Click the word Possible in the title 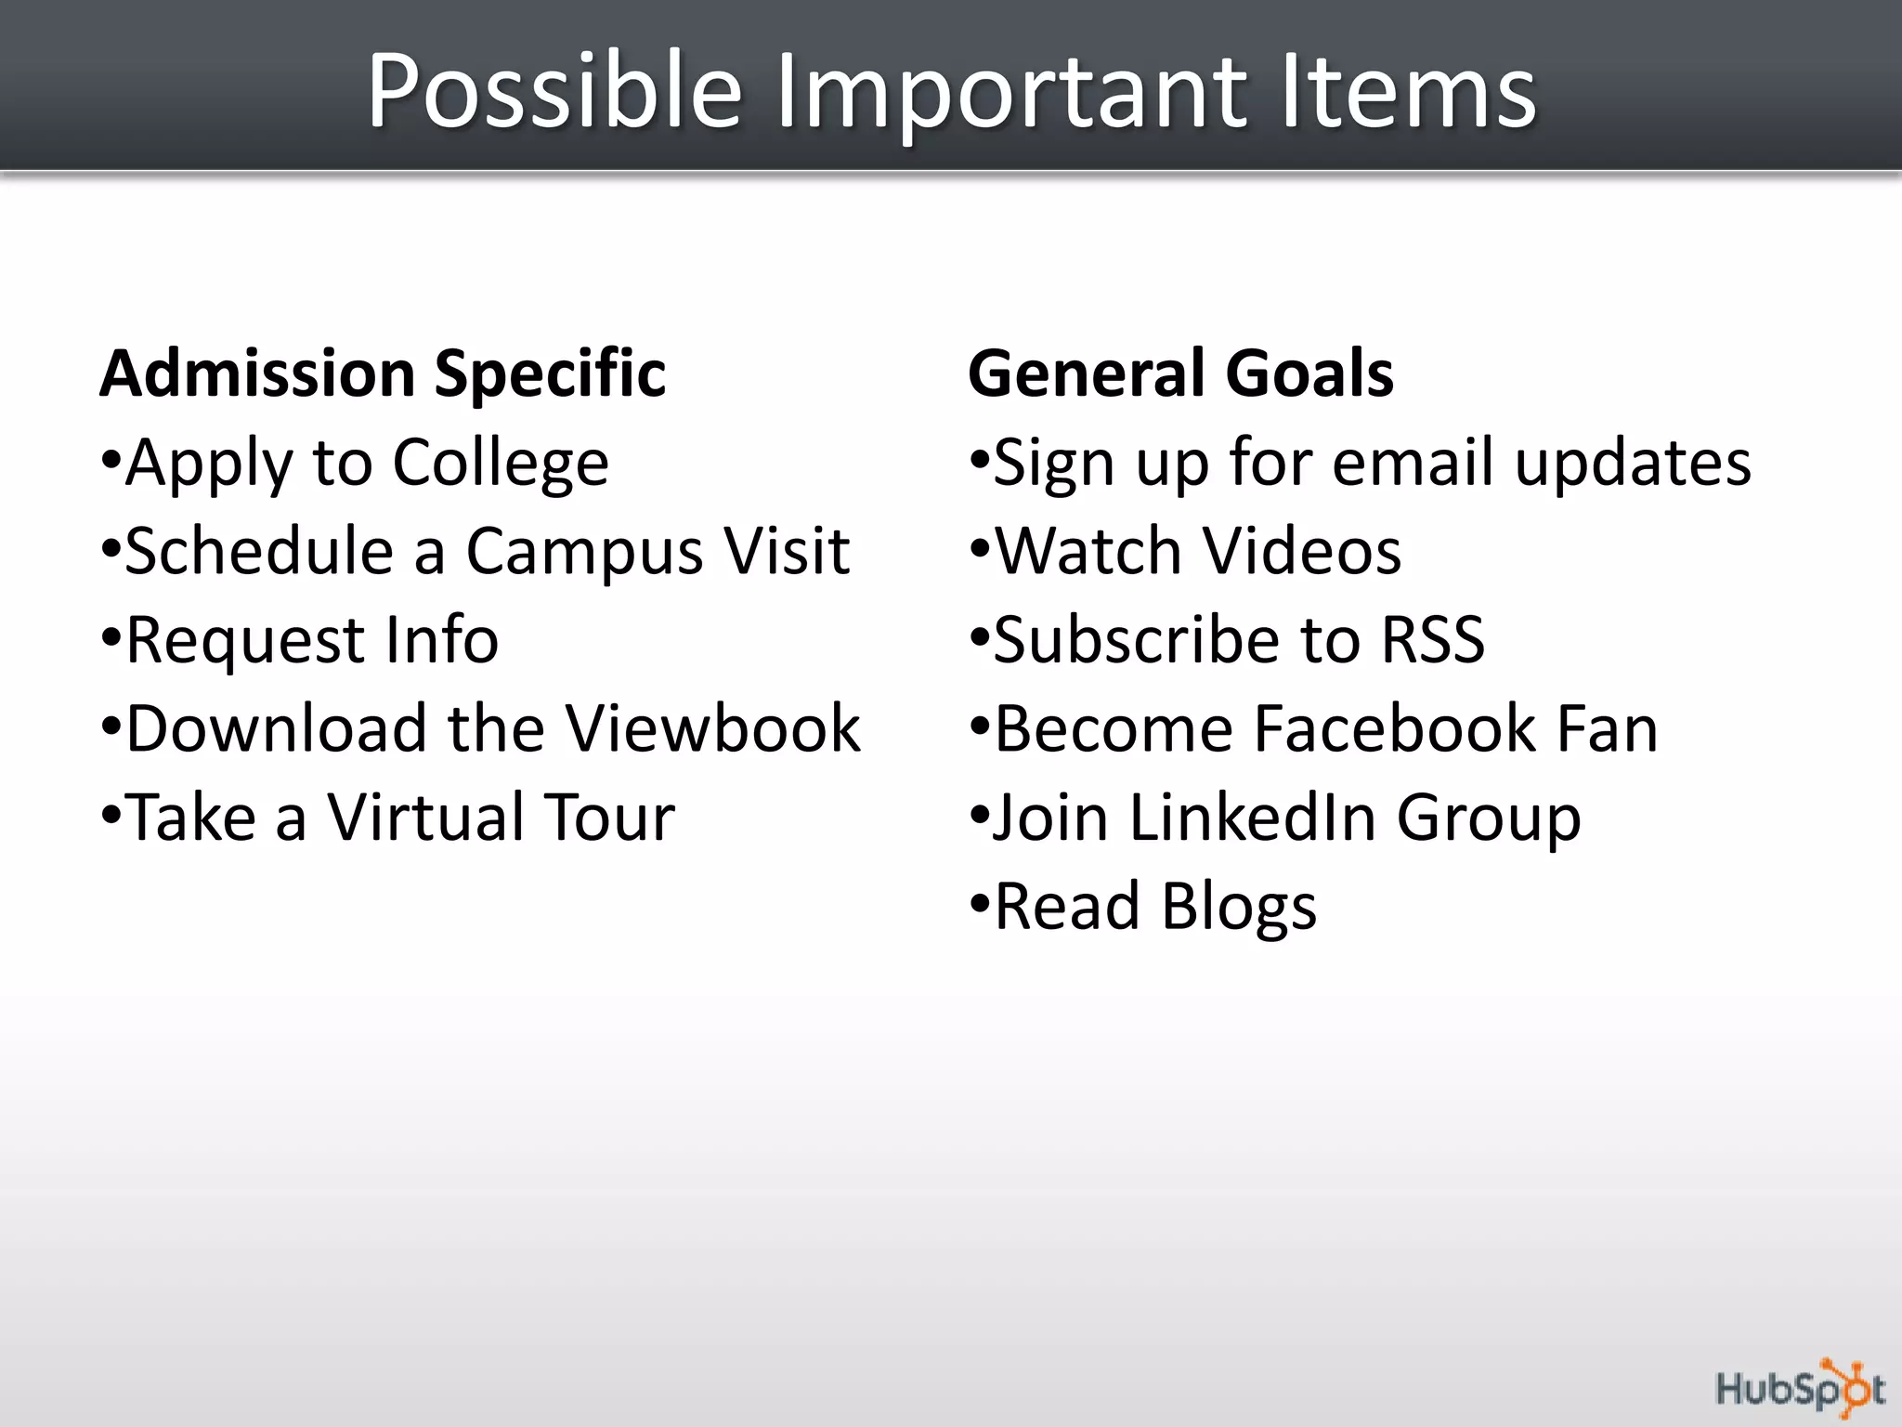click(x=554, y=91)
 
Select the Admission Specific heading click(x=383, y=373)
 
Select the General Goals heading click(x=1180, y=373)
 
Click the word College click(x=501, y=463)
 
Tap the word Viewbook click(x=713, y=728)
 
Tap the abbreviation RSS click(x=1433, y=640)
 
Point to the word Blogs click(x=1238, y=907)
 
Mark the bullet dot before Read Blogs click(x=980, y=903)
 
